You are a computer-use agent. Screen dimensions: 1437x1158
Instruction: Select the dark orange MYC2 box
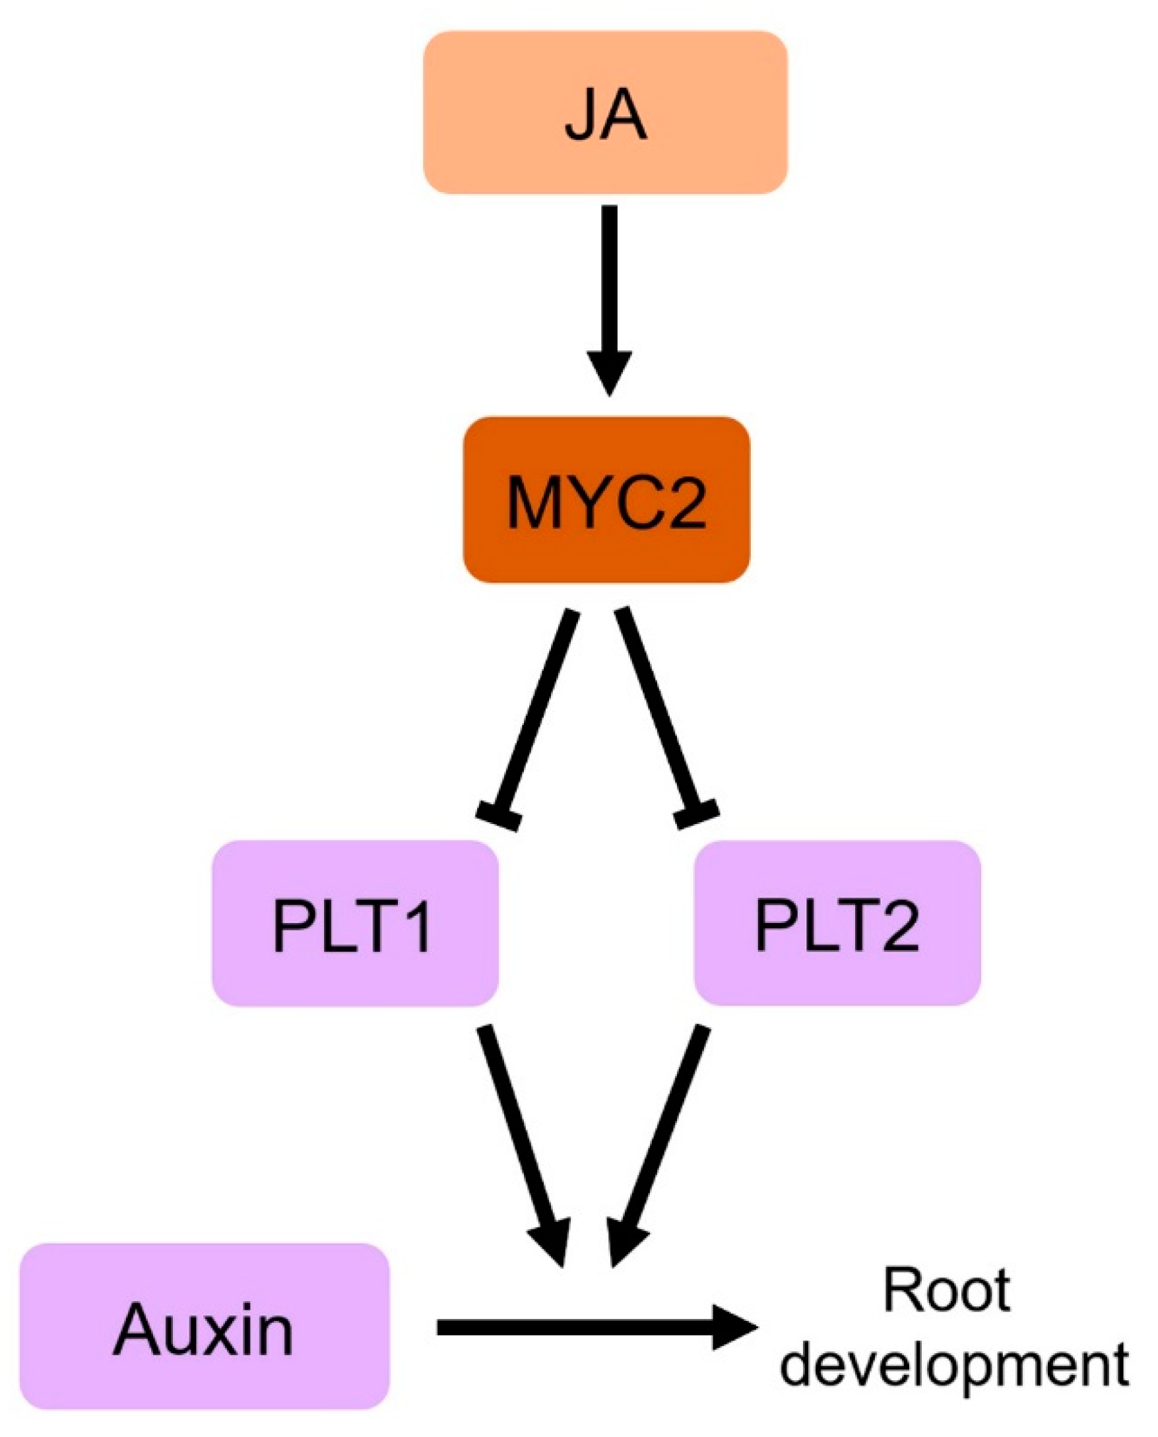coord(606,499)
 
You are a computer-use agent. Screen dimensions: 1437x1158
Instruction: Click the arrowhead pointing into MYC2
coord(609,373)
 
